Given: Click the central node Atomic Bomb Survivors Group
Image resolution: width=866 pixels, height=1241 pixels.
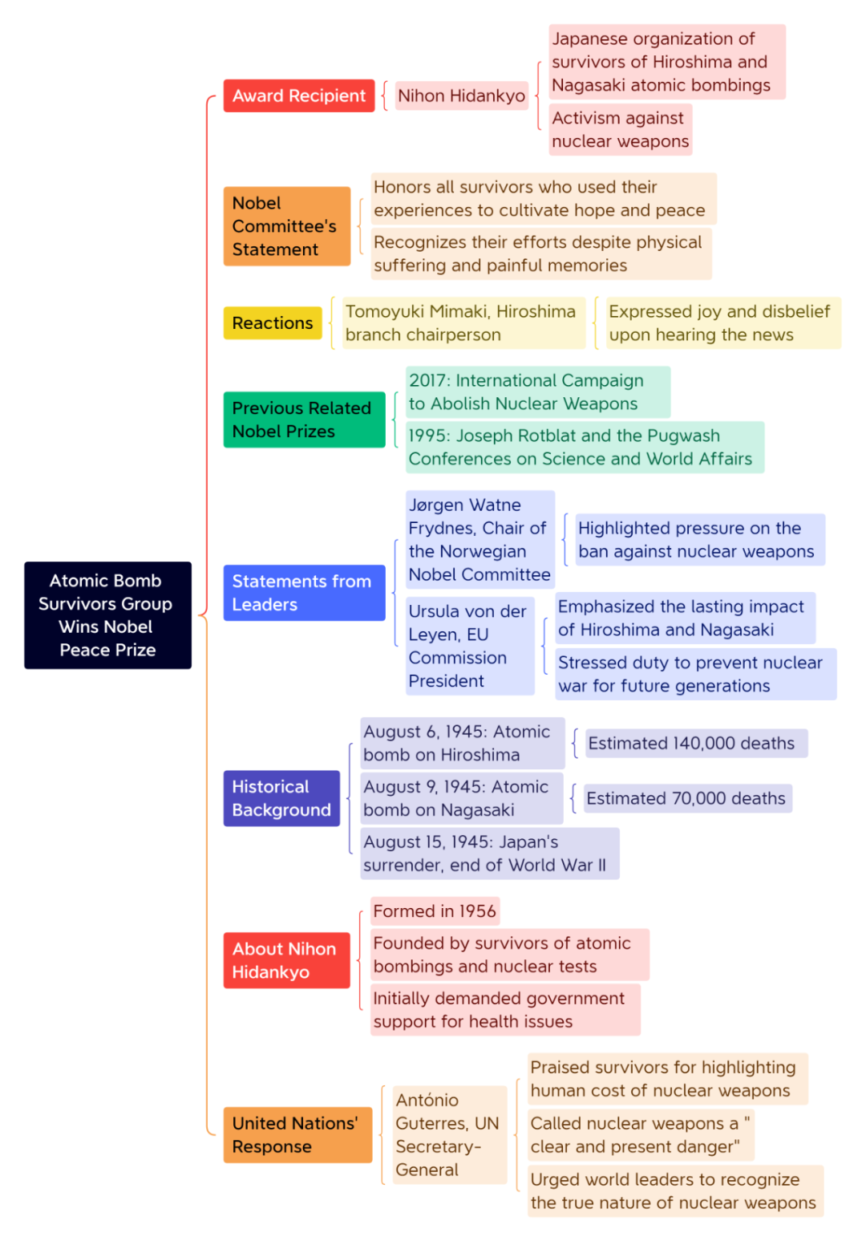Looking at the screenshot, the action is coord(108,615).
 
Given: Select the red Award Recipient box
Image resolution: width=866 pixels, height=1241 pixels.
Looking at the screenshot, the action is coord(299,95).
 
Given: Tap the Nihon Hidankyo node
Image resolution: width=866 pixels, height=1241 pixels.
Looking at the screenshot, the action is coord(461,95).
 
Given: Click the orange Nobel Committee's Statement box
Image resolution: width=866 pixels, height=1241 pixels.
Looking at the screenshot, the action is coord(287,226).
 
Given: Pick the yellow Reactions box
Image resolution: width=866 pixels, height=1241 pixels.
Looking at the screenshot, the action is coord(273,323).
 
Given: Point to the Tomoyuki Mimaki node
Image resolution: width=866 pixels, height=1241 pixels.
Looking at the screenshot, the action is coord(463,323).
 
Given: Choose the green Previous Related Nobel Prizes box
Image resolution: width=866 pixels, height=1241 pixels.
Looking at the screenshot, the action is coord(304,420).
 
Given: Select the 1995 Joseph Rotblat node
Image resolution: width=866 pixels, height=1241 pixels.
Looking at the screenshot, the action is coord(585,447).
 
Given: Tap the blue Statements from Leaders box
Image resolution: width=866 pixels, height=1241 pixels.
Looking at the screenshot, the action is coord(304,593).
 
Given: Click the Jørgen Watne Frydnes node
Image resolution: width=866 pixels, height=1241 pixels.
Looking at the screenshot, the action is coord(480,540).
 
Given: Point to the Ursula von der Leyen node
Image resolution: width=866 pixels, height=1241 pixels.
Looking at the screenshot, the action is coord(470,646).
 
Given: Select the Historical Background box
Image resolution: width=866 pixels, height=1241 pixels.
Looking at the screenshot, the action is coord(281,798).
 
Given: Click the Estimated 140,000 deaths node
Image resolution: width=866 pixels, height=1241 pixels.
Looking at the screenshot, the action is coord(696,743).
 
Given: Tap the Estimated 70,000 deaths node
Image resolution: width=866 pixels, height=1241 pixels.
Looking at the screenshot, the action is coord(688,798).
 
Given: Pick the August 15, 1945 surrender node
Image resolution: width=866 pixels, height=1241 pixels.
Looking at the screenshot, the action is coord(489,854).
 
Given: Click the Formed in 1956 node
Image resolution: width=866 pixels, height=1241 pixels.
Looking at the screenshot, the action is coord(435,911).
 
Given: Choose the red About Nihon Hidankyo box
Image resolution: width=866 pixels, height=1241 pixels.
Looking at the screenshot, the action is coord(286,960).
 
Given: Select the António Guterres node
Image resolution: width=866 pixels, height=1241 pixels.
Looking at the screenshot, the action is coord(450,1134).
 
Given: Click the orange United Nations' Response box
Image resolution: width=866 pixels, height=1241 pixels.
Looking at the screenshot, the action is coord(297,1134).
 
